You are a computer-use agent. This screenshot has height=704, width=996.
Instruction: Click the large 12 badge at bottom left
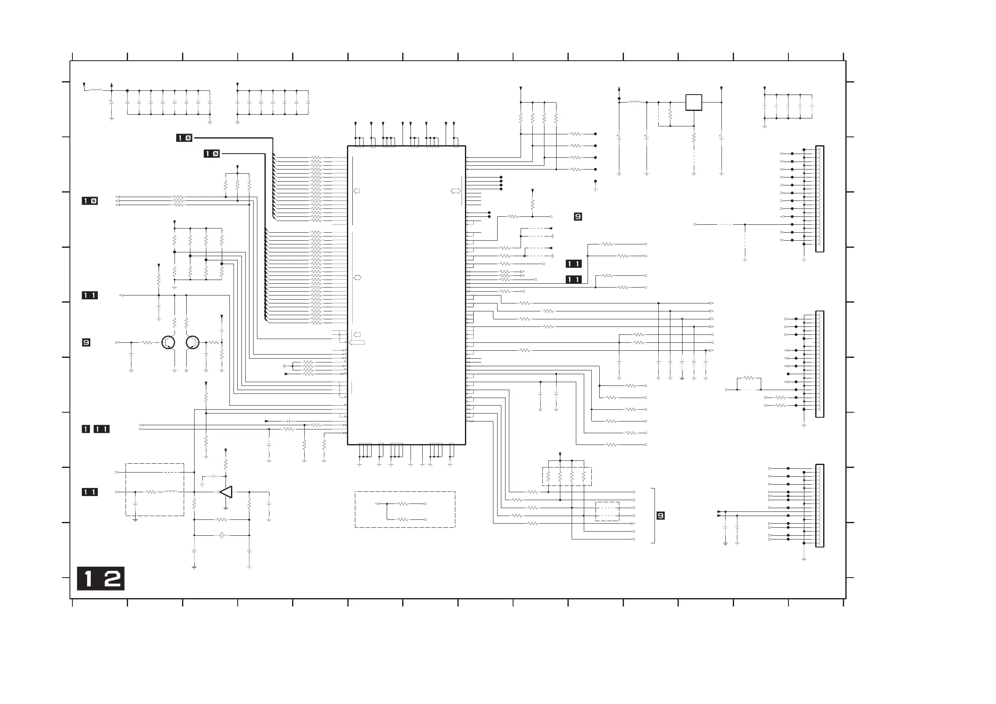100,578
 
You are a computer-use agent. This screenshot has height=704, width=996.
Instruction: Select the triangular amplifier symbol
226,492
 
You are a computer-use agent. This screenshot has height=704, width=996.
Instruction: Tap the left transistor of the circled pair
168,342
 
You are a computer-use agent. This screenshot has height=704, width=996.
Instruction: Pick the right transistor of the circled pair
192,342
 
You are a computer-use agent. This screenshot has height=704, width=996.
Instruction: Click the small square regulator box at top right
694,103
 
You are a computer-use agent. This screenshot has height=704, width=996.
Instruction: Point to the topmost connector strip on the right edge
819,199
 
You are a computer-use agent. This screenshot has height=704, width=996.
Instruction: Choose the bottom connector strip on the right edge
819,505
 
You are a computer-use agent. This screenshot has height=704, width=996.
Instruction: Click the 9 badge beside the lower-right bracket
660,515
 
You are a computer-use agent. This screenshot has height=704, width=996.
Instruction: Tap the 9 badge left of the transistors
86,343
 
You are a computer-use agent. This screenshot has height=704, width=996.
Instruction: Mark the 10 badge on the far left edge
90,201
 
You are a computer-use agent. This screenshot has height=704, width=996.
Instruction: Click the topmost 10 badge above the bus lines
184,138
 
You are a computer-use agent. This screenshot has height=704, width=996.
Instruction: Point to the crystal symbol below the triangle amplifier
222,535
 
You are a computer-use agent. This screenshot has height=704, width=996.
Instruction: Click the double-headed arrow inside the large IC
455,191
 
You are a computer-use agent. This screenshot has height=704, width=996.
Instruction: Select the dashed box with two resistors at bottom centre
405,509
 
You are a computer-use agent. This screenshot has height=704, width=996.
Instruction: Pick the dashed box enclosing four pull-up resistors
567,476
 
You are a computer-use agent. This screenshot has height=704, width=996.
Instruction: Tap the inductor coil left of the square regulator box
635,103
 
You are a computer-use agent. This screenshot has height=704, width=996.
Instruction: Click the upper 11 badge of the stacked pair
573,264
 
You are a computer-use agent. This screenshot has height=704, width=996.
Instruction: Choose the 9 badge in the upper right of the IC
578,216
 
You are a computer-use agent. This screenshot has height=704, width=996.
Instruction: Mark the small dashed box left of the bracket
607,511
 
